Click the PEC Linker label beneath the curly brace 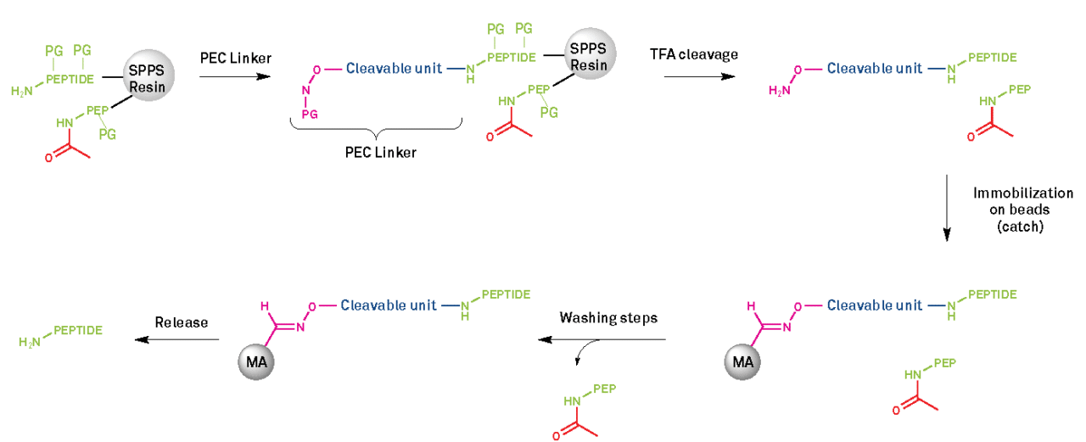pos(377,152)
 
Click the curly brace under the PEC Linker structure pos(377,129)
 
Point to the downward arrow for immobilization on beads pos(947,208)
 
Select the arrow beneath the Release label pos(178,339)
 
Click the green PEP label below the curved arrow pos(604,389)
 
